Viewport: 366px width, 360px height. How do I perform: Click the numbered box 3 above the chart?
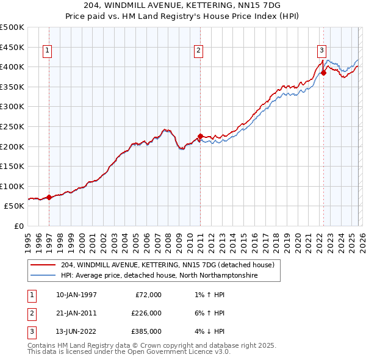tap(321, 51)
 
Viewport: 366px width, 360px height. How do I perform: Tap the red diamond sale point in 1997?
tap(49, 197)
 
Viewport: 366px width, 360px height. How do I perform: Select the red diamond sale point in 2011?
tap(199, 136)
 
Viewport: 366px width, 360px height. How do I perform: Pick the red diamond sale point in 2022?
tap(323, 73)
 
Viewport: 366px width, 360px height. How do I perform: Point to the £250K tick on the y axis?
tap(12, 126)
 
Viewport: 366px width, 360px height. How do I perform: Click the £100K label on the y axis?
tap(12, 186)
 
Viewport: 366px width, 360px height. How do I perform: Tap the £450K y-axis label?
tap(12, 47)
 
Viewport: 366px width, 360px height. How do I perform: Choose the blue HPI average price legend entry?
tap(159, 276)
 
